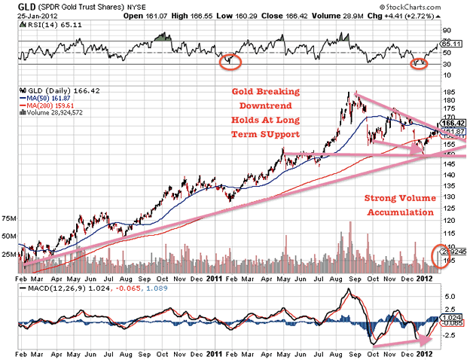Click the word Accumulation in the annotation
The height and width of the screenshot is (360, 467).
pyautogui.click(x=399, y=212)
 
